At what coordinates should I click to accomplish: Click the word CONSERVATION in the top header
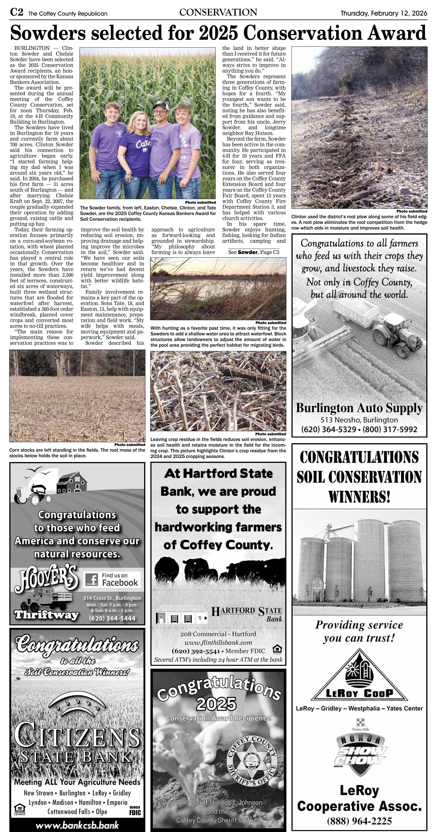tap(218, 13)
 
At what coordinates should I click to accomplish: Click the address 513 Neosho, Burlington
tap(359, 420)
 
